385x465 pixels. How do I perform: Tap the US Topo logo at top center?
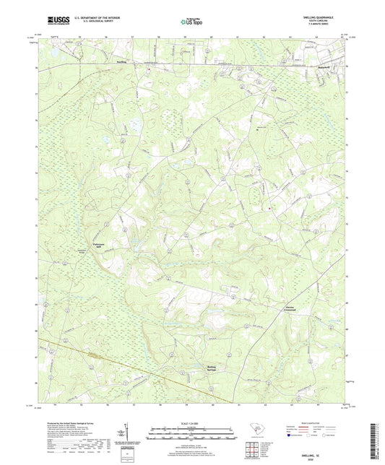186,22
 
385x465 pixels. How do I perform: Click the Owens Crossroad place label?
293,309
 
